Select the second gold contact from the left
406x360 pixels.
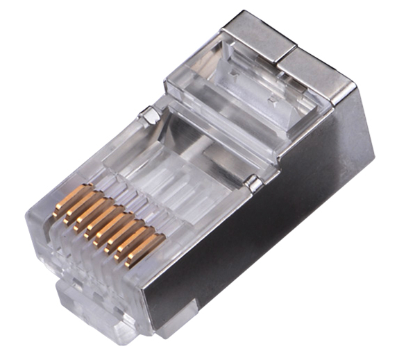click(x=79, y=209)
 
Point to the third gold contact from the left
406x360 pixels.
click(x=90, y=216)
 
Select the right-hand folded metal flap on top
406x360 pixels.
click(x=316, y=69)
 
